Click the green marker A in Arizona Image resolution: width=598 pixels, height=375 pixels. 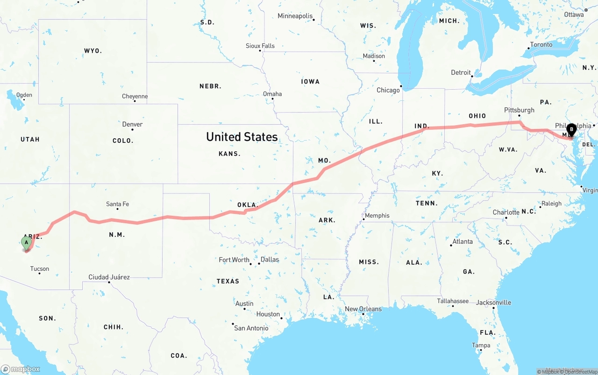click(x=27, y=242)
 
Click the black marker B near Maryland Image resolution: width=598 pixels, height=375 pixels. click(x=571, y=129)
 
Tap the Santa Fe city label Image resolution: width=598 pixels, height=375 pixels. click(x=117, y=204)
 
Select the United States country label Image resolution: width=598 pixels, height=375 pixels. click(x=242, y=137)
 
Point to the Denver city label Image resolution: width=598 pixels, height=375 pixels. click(x=132, y=124)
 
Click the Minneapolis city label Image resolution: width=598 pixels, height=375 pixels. click(x=295, y=16)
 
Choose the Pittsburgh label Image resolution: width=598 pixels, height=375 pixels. click(x=519, y=110)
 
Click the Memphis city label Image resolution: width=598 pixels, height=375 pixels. click(x=377, y=215)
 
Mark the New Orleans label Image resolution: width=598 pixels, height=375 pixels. click(x=363, y=309)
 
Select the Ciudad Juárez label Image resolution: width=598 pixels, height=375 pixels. click(x=109, y=277)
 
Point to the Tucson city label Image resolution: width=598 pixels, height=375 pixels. click(x=40, y=269)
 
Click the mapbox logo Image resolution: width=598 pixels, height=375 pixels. click(x=21, y=369)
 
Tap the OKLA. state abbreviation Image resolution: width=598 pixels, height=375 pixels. click(x=248, y=205)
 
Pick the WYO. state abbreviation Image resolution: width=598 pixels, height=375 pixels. click(x=93, y=50)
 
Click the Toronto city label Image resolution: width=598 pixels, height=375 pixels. click(x=541, y=45)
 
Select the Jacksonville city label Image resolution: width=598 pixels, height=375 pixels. click(x=493, y=303)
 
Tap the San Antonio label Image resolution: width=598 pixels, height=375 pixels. click(x=251, y=328)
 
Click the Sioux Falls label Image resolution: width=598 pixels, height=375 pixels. click(x=260, y=46)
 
